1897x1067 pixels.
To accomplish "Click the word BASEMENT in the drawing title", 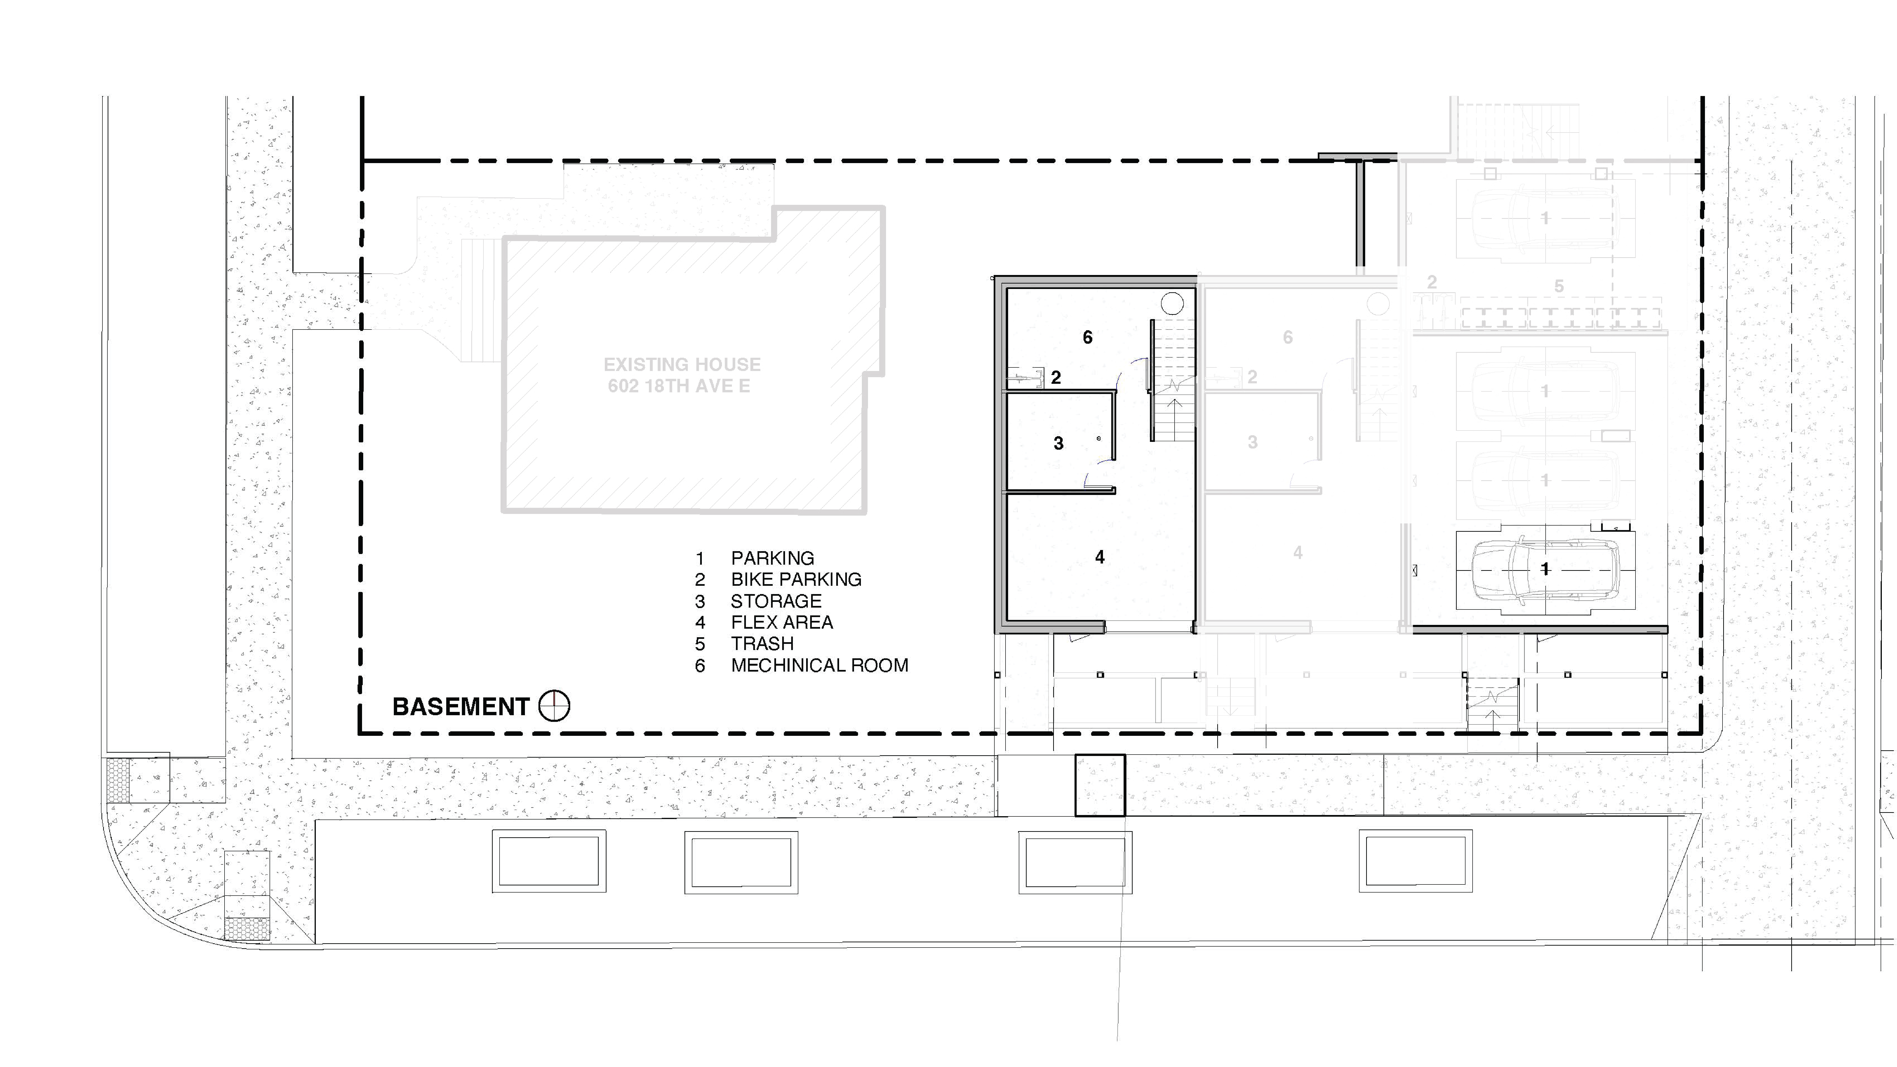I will click(460, 707).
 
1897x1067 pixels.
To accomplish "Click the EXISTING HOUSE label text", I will click(682, 365).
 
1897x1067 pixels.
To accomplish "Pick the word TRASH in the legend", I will click(762, 644).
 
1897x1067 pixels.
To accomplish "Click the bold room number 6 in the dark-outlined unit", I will click(1087, 337).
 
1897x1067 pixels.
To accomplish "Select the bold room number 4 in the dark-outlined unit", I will click(1099, 557).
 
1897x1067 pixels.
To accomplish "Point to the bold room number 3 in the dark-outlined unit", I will click(1058, 443).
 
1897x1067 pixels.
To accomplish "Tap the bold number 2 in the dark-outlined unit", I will click(1055, 378).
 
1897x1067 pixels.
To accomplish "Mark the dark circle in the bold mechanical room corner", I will click(1172, 303).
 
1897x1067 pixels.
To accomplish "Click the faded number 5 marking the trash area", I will click(1558, 286).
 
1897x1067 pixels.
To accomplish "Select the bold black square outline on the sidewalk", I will click(1099, 785).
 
